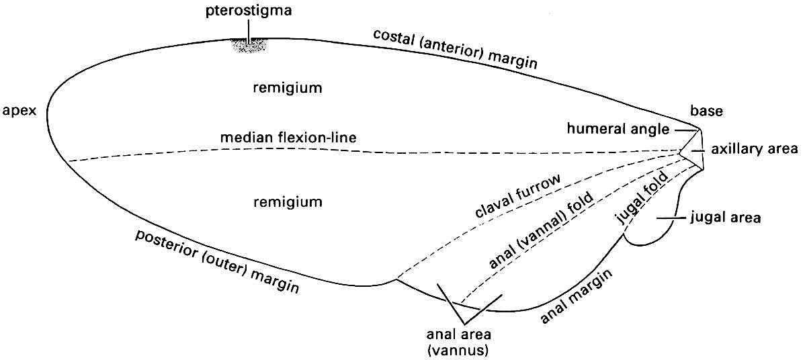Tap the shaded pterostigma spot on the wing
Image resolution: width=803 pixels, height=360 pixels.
pyautogui.click(x=250, y=46)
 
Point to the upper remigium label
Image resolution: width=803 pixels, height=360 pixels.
pyautogui.click(x=289, y=87)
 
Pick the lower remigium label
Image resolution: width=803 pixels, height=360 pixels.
pyautogui.click(x=289, y=201)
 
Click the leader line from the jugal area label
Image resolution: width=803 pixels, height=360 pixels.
pyautogui.click(x=673, y=218)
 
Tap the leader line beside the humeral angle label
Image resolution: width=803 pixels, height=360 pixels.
pyautogui.click(x=686, y=128)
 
